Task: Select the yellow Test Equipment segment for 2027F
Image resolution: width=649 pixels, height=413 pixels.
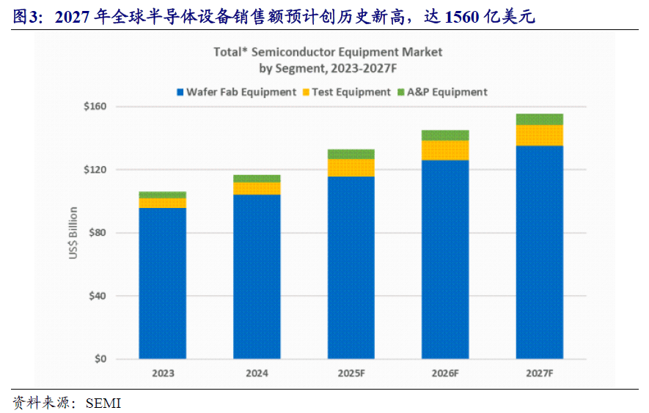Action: click(540, 135)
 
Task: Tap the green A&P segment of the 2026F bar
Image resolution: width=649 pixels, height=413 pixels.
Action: click(445, 135)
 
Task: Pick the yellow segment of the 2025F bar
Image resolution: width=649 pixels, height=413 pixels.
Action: click(351, 168)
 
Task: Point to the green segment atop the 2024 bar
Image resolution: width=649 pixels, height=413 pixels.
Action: click(257, 178)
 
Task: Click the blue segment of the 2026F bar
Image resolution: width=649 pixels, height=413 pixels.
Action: click(445, 259)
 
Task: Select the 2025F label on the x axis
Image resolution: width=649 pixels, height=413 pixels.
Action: click(351, 373)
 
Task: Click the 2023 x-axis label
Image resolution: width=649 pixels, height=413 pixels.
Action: click(163, 373)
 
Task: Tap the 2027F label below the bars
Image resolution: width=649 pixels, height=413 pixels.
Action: click(540, 373)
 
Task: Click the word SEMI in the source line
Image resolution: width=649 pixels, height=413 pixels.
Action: click(103, 403)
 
